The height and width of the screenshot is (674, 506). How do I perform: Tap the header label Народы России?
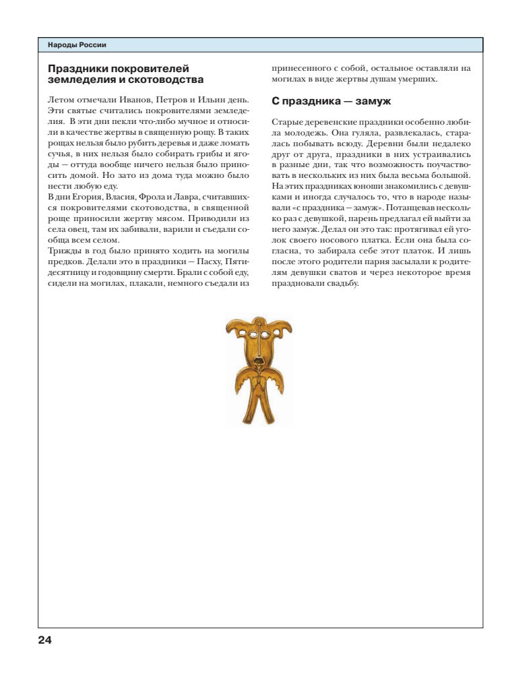coord(77,45)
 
